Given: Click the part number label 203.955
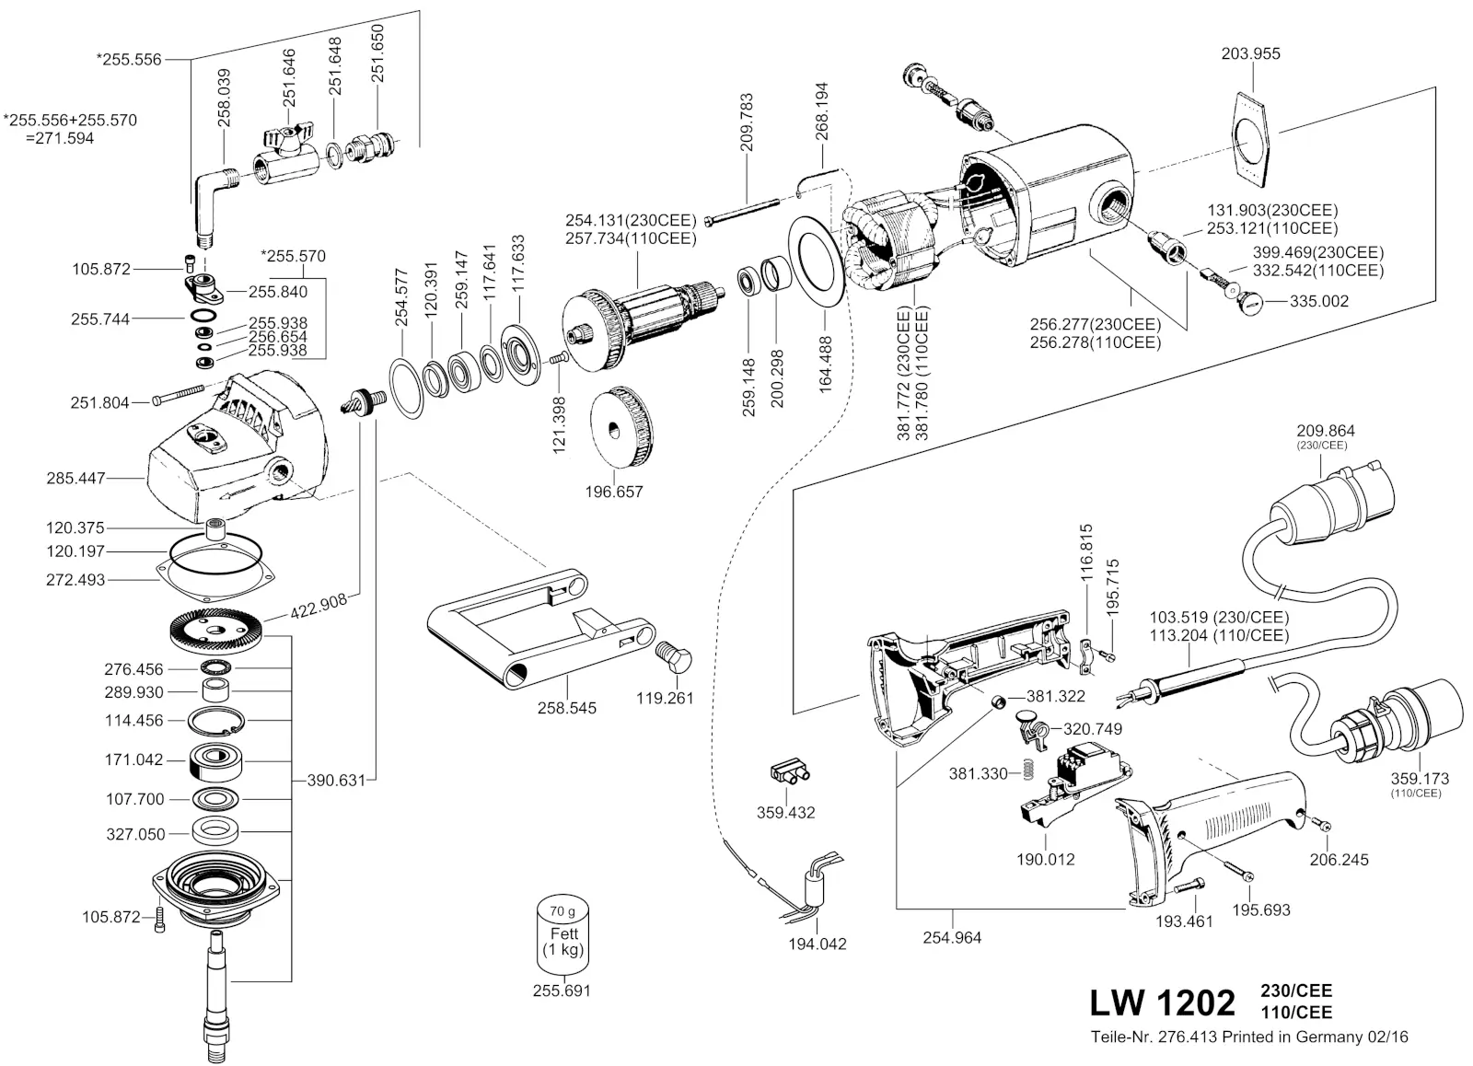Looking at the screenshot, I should click(x=1250, y=53).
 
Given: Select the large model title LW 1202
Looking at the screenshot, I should click(x=1162, y=1002).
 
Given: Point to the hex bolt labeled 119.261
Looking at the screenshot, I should click(x=676, y=657).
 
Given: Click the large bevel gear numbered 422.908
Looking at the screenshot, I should click(x=215, y=631).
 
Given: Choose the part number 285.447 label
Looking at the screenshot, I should click(x=75, y=479).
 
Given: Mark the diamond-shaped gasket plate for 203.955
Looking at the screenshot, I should click(x=1250, y=136).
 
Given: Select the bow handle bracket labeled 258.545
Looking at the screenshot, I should click(x=534, y=635).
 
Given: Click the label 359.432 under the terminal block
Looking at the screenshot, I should click(x=785, y=813).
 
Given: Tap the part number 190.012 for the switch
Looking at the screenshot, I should click(x=1045, y=860).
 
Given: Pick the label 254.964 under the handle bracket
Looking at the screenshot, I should click(x=953, y=938).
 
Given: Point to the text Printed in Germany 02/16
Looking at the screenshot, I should click(x=1315, y=1037).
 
